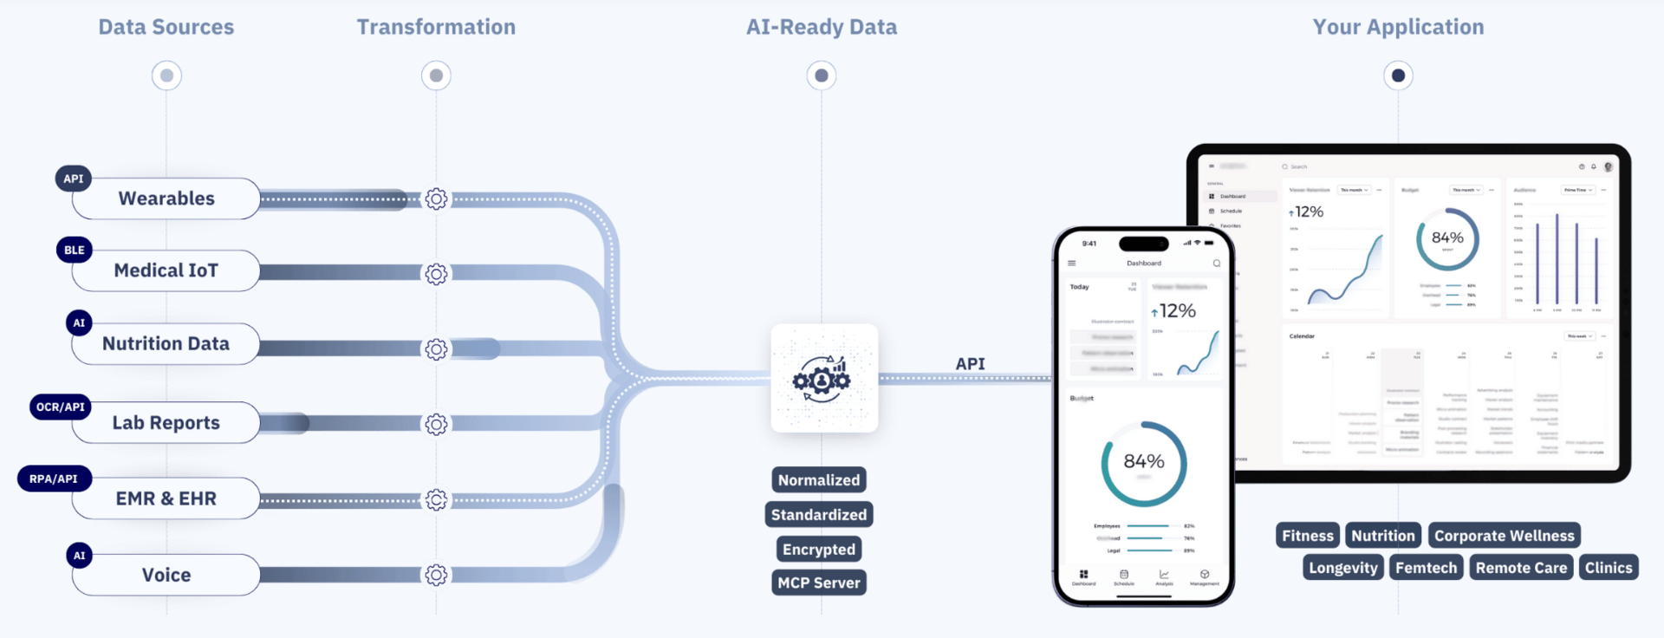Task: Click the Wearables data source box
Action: (166, 199)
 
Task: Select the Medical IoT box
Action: (166, 270)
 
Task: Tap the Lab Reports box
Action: (166, 423)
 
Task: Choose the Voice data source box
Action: (166, 575)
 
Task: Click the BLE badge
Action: (75, 250)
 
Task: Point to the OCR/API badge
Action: (61, 407)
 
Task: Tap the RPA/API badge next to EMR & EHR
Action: (54, 478)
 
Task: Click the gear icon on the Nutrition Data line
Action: (436, 349)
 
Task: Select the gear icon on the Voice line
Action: (436, 575)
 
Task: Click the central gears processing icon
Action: (823, 378)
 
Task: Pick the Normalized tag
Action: (819, 480)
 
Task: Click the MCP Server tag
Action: (819, 583)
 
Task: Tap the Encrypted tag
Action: (819, 549)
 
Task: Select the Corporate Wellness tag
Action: (1504, 536)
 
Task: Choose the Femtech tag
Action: (1426, 568)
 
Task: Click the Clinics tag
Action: (1609, 568)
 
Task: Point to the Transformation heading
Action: (436, 27)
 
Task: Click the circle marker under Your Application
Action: (1398, 75)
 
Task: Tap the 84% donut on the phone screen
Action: (1144, 463)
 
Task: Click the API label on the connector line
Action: (970, 364)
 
